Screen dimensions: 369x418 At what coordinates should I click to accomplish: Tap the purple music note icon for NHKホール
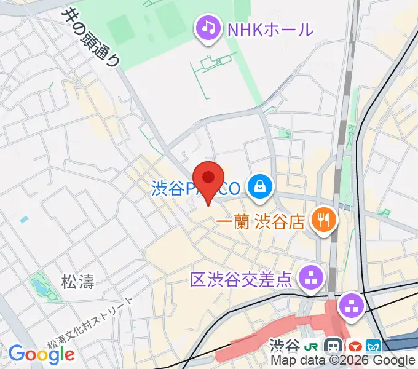point(208,28)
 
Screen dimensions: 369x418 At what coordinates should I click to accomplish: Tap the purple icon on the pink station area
point(352,305)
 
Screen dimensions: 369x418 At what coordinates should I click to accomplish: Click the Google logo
point(41,354)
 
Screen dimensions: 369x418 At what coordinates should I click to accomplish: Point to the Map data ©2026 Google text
point(342,361)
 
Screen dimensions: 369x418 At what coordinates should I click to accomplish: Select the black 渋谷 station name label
point(286,347)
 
